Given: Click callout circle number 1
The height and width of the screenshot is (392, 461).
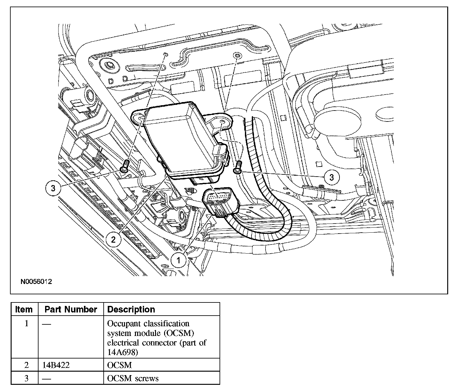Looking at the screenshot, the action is click(x=179, y=260).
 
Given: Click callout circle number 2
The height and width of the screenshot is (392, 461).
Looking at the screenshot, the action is click(x=113, y=240).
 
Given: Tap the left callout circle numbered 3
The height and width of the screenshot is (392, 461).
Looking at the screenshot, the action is click(x=53, y=188).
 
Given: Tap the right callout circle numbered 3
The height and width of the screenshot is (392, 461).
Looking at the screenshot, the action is click(x=332, y=178).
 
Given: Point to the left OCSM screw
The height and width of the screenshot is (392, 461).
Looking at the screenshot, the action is click(x=125, y=166).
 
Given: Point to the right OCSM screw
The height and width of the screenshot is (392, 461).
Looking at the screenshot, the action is click(x=238, y=167).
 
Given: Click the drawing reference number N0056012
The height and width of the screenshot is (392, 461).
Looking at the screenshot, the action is click(x=36, y=281).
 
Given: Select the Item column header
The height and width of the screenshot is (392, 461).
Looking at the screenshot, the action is click(x=24, y=309).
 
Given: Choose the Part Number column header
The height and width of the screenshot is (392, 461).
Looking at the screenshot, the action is click(x=71, y=309).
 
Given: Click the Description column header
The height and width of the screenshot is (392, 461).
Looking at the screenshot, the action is click(x=131, y=309).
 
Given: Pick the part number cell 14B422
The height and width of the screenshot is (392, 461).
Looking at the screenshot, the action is click(x=56, y=365).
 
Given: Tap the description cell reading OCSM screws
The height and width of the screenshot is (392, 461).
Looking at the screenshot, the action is click(x=133, y=378).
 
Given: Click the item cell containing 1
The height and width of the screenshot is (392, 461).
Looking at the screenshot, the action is click(x=26, y=323).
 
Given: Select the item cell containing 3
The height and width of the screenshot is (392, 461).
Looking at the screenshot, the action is click(x=26, y=378).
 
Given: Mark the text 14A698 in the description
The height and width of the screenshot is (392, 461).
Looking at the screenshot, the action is click(x=122, y=352).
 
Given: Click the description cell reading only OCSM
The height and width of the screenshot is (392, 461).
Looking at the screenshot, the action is click(x=120, y=365).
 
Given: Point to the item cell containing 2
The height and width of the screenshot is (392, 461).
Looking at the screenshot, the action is click(x=26, y=365).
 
